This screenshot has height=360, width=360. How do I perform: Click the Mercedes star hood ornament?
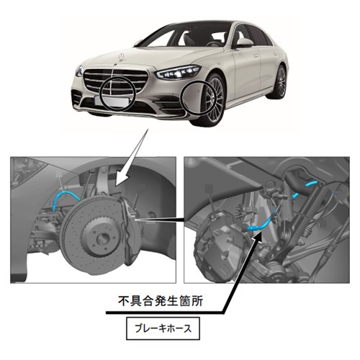pos(122,57)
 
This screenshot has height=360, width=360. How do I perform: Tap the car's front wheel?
pos(212,99)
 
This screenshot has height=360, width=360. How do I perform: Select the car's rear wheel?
pos(279,81)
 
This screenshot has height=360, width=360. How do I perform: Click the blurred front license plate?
pos(113,101)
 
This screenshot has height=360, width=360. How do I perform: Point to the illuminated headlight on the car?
pos(177,71)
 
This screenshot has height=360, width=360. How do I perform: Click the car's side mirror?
pos(244,42)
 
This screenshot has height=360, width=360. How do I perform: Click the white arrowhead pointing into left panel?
pos(121,178)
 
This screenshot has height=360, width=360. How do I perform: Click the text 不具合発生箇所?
pos(161,302)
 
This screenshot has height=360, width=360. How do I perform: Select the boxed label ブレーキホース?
pos(163,328)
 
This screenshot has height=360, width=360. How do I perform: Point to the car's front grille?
pos(115,81)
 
